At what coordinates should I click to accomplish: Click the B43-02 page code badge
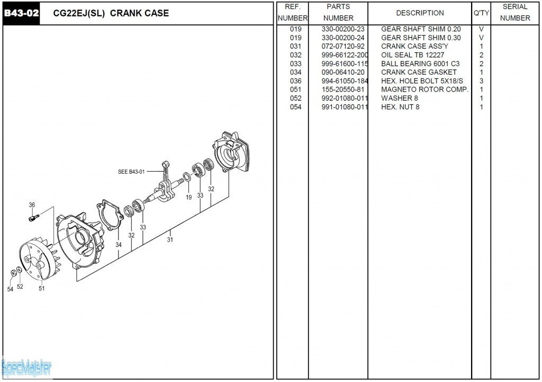[21, 13]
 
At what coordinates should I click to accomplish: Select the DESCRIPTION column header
[420, 13]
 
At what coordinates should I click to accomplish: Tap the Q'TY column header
[481, 13]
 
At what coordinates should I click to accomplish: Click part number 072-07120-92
[343, 46]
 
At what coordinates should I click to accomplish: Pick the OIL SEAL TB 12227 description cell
[412, 55]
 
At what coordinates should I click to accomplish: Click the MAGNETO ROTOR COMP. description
[424, 90]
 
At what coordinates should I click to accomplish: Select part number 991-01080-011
[345, 107]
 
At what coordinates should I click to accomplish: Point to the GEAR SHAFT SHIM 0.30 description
[421, 38]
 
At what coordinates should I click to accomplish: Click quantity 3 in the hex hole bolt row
[481, 81]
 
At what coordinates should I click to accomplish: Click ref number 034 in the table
[295, 72]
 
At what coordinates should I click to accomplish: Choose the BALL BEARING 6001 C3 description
[420, 64]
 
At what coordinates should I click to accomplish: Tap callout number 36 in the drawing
[32, 205]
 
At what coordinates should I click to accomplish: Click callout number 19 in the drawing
[188, 197]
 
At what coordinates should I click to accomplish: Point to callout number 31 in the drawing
[170, 239]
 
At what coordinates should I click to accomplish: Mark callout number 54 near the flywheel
[10, 289]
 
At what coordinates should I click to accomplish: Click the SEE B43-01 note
[131, 172]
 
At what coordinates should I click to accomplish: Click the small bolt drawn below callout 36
[33, 217]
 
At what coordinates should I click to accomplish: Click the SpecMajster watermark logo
[26, 367]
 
